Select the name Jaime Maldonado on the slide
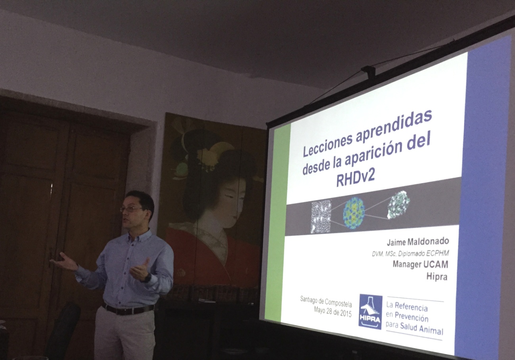418,242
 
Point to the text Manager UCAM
420,264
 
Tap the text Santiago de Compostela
326,301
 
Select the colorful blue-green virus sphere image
354,213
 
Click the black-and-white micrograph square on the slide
321,216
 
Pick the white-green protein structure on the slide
398,204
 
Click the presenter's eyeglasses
132,209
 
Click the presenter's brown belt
128,309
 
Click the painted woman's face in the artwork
230,202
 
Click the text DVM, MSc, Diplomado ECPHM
410,254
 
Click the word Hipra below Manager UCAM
437,277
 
